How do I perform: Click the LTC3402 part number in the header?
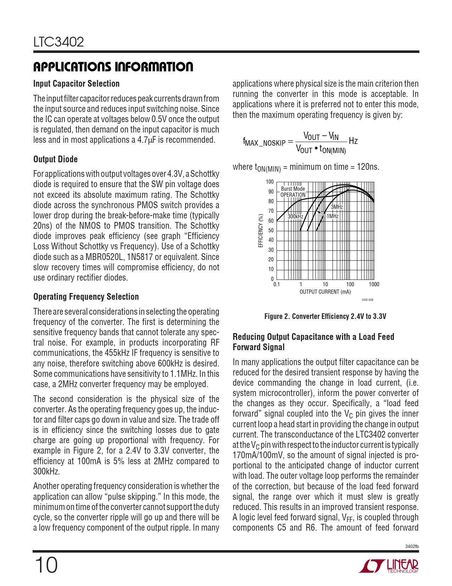pos(58,42)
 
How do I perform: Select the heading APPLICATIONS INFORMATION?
pos(113,67)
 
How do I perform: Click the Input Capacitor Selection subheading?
pos(76,84)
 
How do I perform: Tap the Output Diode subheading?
pos(55,159)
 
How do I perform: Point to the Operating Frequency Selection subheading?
pos(86,297)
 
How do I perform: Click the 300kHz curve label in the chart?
pos(295,216)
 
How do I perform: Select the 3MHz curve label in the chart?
pos(337,207)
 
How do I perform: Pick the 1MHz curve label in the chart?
pos(333,216)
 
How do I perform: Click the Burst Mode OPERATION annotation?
pos(293,192)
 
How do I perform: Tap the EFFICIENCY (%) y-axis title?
pos(261,230)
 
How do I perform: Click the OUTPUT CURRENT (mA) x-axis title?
pos(325,292)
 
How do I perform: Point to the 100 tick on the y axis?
pos(270,182)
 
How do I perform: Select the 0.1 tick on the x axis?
pos(277,284)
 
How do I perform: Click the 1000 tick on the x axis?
pos(374,284)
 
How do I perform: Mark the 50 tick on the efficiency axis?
pos(271,230)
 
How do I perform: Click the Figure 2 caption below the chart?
pos(325,316)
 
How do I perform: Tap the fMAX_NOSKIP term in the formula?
pos(264,142)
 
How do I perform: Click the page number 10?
pos(46,565)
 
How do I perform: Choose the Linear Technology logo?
pos(389,566)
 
